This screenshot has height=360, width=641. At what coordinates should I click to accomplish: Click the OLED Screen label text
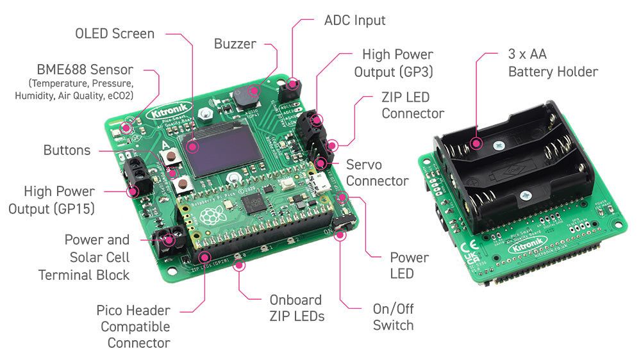click(115, 33)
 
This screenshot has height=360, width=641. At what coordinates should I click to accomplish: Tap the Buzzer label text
click(235, 44)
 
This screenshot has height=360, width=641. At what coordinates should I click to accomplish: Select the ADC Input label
click(354, 20)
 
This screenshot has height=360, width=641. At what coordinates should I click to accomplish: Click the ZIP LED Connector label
click(413, 106)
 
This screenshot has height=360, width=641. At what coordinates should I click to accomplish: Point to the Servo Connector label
click(377, 172)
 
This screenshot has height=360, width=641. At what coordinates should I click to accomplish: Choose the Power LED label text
click(409, 265)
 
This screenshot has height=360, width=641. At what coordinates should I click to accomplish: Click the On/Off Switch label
click(393, 316)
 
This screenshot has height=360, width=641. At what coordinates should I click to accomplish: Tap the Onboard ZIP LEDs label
click(296, 307)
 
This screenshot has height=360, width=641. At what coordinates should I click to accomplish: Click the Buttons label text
click(67, 151)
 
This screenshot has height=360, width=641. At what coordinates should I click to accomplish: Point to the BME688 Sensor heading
click(85, 70)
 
